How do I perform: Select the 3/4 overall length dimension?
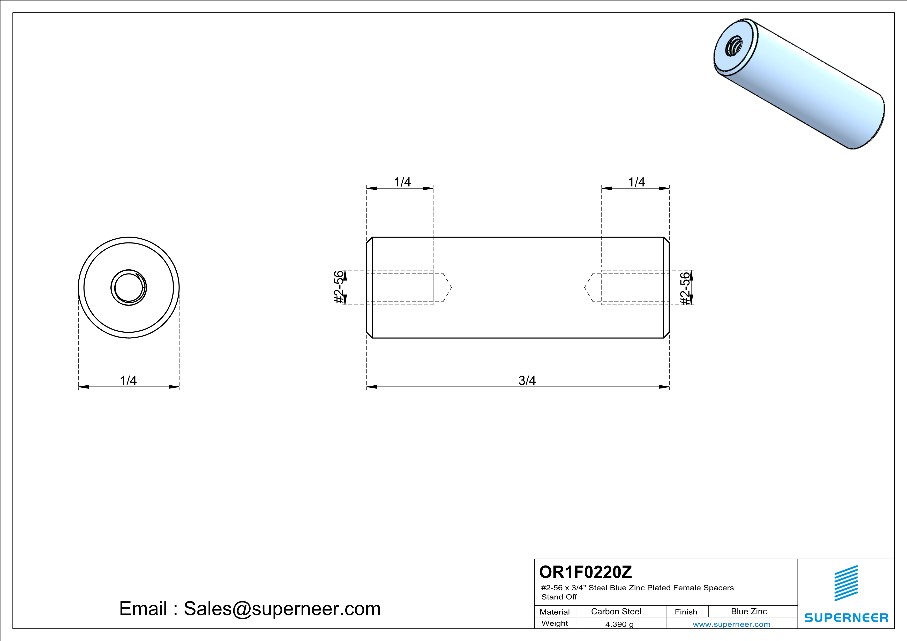[527, 380]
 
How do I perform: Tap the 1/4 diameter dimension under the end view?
[128, 380]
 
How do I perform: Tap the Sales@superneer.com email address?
[282, 609]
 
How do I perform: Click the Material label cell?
[555, 612]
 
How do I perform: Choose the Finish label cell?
[686, 612]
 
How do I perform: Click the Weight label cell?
[555, 623]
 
